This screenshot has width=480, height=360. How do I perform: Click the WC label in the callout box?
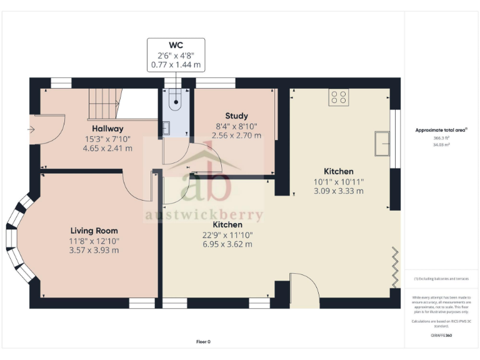pyautogui.click(x=176, y=45)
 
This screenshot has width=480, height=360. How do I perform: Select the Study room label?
pyautogui.click(x=236, y=116)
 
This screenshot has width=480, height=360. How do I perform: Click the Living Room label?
pyautogui.click(x=94, y=231)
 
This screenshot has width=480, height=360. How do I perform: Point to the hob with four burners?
pyautogui.click(x=339, y=97)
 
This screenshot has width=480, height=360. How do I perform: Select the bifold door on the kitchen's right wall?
pyautogui.click(x=394, y=267)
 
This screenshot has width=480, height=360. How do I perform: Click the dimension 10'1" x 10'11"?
pyautogui.click(x=338, y=182)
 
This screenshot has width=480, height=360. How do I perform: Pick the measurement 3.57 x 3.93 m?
pyautogui.click(x=94, y=250)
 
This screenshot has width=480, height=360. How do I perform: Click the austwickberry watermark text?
pyautogui.click(x=204, y=216)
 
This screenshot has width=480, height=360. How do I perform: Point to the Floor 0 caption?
pyautogui.click(x=203, y=342)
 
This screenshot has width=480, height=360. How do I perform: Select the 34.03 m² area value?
pyautogui.click(x=441, y=144)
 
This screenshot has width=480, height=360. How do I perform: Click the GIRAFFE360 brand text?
pyautogui.click(x=441, y=336)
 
